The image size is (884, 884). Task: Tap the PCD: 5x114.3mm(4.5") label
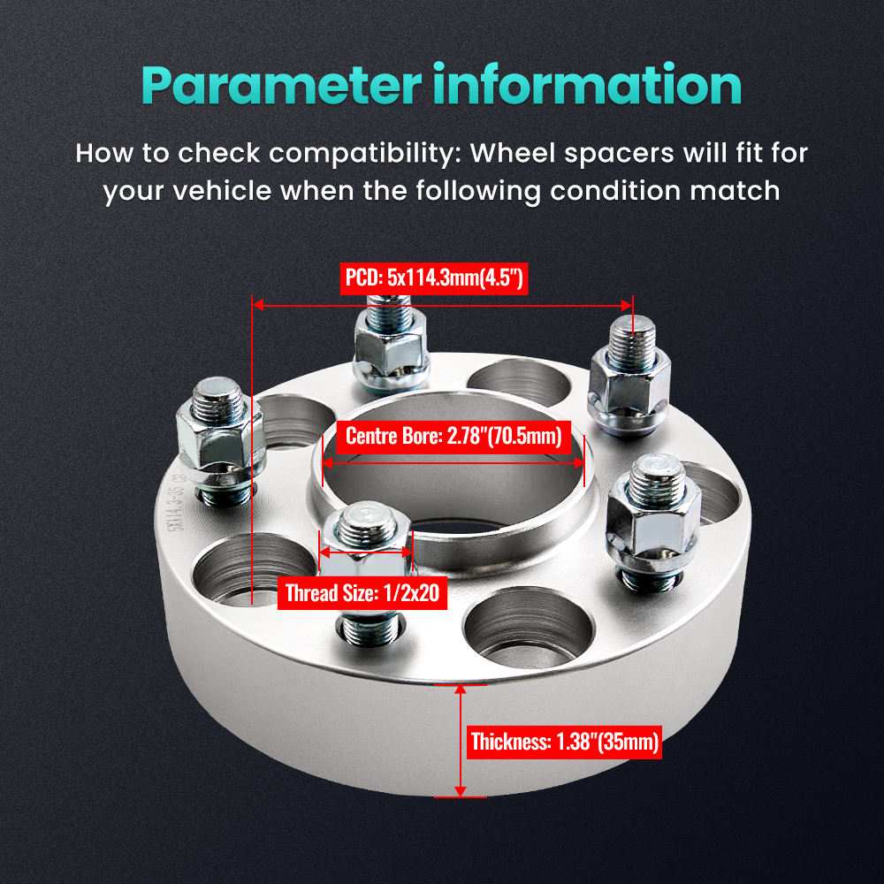pyautogui.click(x=434, y=280)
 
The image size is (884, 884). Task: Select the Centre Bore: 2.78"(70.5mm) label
pyautogui.click(x=453, y=436)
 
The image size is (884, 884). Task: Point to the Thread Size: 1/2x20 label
pyautogui.click(x=362, y=592)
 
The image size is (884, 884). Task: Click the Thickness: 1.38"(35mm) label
pyautogui.click(x=564, y=742)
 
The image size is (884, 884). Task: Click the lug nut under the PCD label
pyautogui.click(x=389, y=345)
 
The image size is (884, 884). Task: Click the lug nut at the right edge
pyautogui.click(x=652, y=513)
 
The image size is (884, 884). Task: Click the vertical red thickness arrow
pyautogui.click(x=461, y=741)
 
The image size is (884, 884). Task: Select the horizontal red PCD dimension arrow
pyautogui.click(x=442, y=305)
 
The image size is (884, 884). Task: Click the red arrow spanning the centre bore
pyautogui.click(x=453, y=461)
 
